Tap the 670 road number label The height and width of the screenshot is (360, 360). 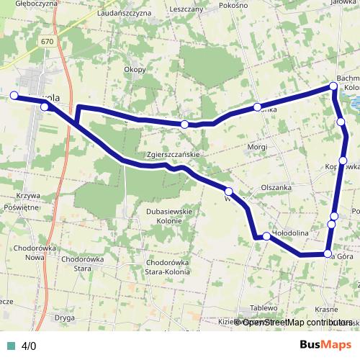(48, 42)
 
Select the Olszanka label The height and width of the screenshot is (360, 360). (276, 186)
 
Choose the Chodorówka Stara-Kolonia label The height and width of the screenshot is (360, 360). (168, 268)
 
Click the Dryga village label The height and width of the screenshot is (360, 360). (65, 316)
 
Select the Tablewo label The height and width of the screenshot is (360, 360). (264, 307)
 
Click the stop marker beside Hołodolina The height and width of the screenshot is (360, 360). (266, 236)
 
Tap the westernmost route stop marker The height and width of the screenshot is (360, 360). (14, 95)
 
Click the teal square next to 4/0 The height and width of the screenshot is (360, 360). (10, 346)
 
